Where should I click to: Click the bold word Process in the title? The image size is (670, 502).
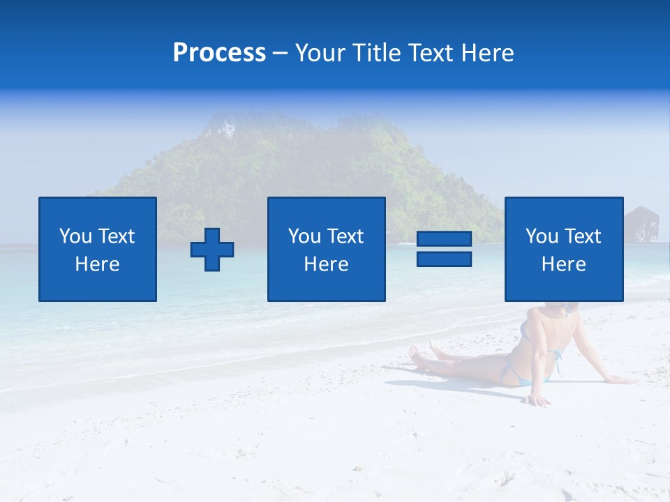[x=219, y=53]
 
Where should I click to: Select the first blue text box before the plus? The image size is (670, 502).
[x=98, y=249]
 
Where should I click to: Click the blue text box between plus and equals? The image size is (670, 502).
[x=326, y=249]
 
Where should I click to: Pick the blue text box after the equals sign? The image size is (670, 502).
[x=563, y=249]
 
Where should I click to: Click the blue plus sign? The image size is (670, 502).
[x=212, y=250]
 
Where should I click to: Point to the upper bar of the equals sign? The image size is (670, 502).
[x=444, y=239]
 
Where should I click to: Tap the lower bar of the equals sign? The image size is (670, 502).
[x=444, y=259]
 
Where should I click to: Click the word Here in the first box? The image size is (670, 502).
[x=97, y=264]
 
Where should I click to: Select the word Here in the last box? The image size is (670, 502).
[x=563, y=264]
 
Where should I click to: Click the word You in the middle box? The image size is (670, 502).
[x=304, y=236]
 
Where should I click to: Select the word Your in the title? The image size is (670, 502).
[x=318, y=53]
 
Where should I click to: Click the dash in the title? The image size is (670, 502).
[x=280, y=53]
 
